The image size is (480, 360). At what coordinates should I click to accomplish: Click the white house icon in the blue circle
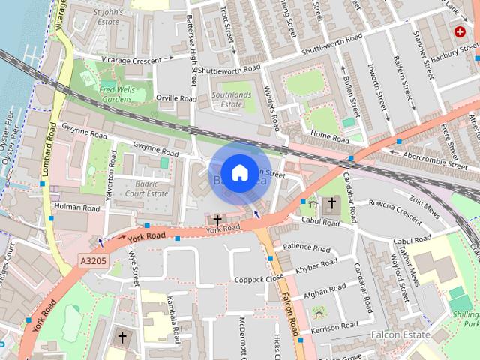[x=238, y=172]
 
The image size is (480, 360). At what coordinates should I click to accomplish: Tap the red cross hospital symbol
[x=458, y=31]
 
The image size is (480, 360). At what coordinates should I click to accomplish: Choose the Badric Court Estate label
[x=145, y=187]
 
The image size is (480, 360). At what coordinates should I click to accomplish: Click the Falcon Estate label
[x=400, y=334]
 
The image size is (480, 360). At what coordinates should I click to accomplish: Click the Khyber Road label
[x=318, y=267]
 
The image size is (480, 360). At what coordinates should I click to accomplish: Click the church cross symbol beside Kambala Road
[x=122, y=338]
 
